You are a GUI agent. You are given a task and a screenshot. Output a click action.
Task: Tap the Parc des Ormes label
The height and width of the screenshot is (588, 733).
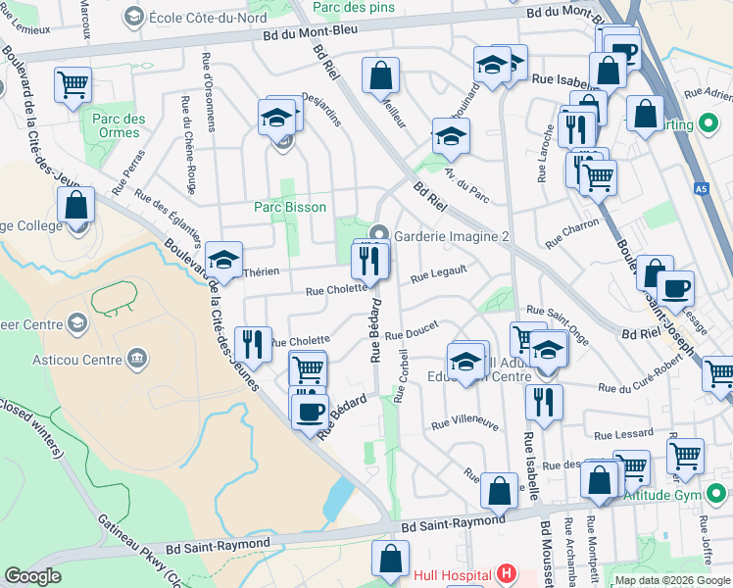119,126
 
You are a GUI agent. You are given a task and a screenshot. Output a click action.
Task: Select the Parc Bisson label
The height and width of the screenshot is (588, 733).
289,207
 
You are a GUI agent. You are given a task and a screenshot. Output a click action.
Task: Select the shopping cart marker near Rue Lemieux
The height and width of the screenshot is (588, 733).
73,86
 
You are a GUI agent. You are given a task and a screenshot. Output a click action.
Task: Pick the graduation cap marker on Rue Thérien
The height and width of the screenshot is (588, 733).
224,261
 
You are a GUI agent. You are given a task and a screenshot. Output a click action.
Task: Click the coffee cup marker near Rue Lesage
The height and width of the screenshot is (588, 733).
675,289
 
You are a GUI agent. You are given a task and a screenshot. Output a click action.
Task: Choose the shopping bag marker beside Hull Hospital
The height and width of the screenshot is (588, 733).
390,560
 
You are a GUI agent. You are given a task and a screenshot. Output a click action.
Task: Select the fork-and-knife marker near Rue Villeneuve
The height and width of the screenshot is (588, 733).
543,401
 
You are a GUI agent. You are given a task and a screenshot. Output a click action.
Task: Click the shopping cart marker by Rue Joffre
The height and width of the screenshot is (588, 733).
685,456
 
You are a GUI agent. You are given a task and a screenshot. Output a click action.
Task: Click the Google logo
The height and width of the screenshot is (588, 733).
33,576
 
